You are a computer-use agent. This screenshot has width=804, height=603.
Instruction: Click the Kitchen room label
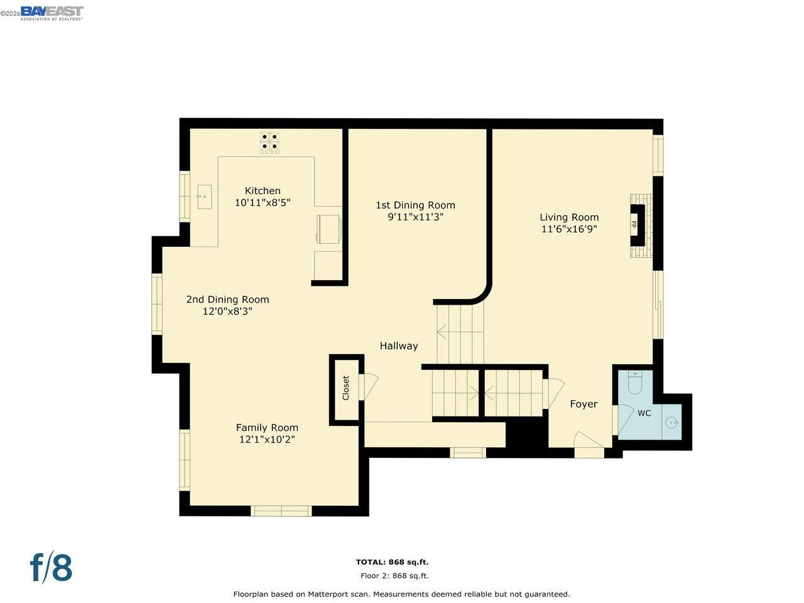click(263, 191)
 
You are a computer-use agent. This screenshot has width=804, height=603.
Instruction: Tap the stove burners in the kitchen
click(269, 143)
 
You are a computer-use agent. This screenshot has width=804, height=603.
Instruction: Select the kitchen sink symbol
click(204, 197)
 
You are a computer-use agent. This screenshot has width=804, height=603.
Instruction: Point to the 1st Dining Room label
click(415, 205)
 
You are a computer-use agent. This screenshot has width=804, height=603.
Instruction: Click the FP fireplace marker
click(633, 224)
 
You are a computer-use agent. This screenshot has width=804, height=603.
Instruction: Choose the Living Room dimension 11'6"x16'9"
click(569, 229)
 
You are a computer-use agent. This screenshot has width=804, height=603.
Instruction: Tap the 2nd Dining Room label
click(227, 300)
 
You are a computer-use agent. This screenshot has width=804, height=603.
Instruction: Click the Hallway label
click(398, 346)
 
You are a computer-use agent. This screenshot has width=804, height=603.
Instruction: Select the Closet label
click(345, 388)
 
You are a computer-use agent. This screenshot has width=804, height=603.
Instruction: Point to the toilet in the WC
click(635, 383)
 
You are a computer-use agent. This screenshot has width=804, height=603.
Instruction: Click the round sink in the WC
click(671, 423)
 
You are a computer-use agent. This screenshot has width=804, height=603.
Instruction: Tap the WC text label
click(644, 413)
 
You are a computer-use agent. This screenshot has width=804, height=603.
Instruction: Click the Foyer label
click(584, 404)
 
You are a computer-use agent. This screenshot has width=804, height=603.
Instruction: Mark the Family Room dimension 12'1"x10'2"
click(267, 439)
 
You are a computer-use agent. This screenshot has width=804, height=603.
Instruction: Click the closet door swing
click(369, 387)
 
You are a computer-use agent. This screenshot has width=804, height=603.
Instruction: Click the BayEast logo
click(52, 13)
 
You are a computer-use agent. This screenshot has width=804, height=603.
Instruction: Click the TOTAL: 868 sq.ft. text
click(392, 562)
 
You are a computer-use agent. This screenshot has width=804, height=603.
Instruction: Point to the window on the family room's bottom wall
click(281, 511)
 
